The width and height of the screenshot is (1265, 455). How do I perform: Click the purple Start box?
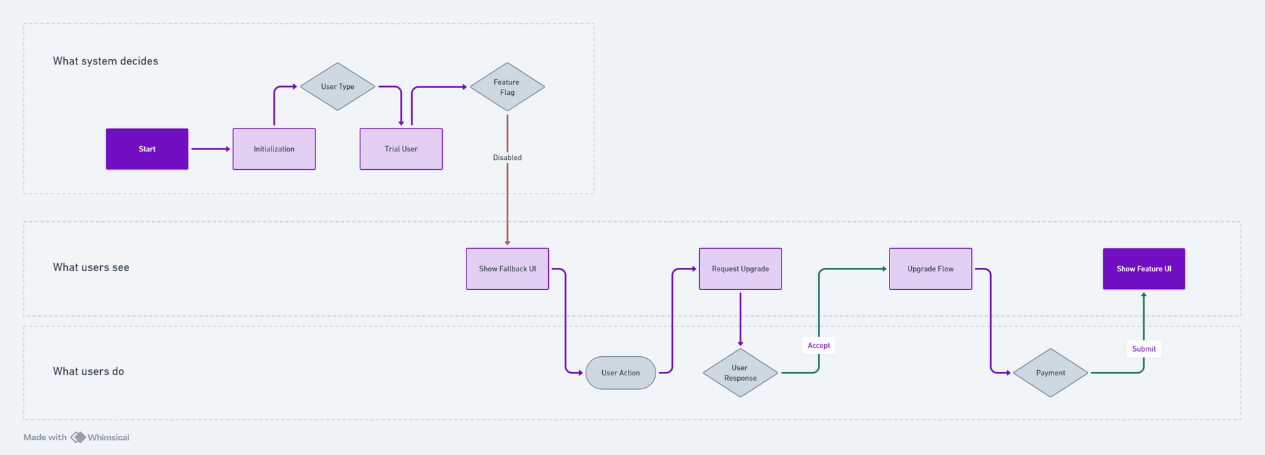click(147, 149)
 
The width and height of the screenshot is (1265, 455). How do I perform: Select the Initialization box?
click(274, 149)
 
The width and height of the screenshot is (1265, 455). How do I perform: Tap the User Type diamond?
click(337, 86)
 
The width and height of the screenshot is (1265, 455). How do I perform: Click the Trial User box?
click(401, 149)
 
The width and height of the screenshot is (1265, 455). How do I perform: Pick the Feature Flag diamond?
click(507, 87)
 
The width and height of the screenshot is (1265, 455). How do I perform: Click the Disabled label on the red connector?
click(507, 157)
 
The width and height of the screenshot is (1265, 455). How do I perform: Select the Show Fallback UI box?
click(507, 269)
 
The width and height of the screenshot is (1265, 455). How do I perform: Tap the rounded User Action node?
click(620, 373)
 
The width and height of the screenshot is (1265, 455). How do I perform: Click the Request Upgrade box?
click(740, 269)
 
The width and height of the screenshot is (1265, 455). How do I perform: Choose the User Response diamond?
click(740, 373)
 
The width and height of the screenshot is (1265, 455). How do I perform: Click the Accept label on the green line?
click(818, 345)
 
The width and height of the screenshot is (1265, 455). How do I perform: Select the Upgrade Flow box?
click(930, 269)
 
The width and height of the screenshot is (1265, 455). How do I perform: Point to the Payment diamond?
click(1050, 373)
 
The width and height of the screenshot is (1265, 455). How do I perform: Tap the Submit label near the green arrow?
click(1144, 349)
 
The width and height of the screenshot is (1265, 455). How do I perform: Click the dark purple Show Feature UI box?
click(1144, 269)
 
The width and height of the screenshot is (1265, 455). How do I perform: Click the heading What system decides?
click(105, 61)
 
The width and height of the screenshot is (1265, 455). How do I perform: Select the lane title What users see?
click(91, 267)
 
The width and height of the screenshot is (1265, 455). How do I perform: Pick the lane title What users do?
click(88, 371)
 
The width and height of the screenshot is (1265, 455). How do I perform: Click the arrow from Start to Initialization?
click(210, 149)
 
